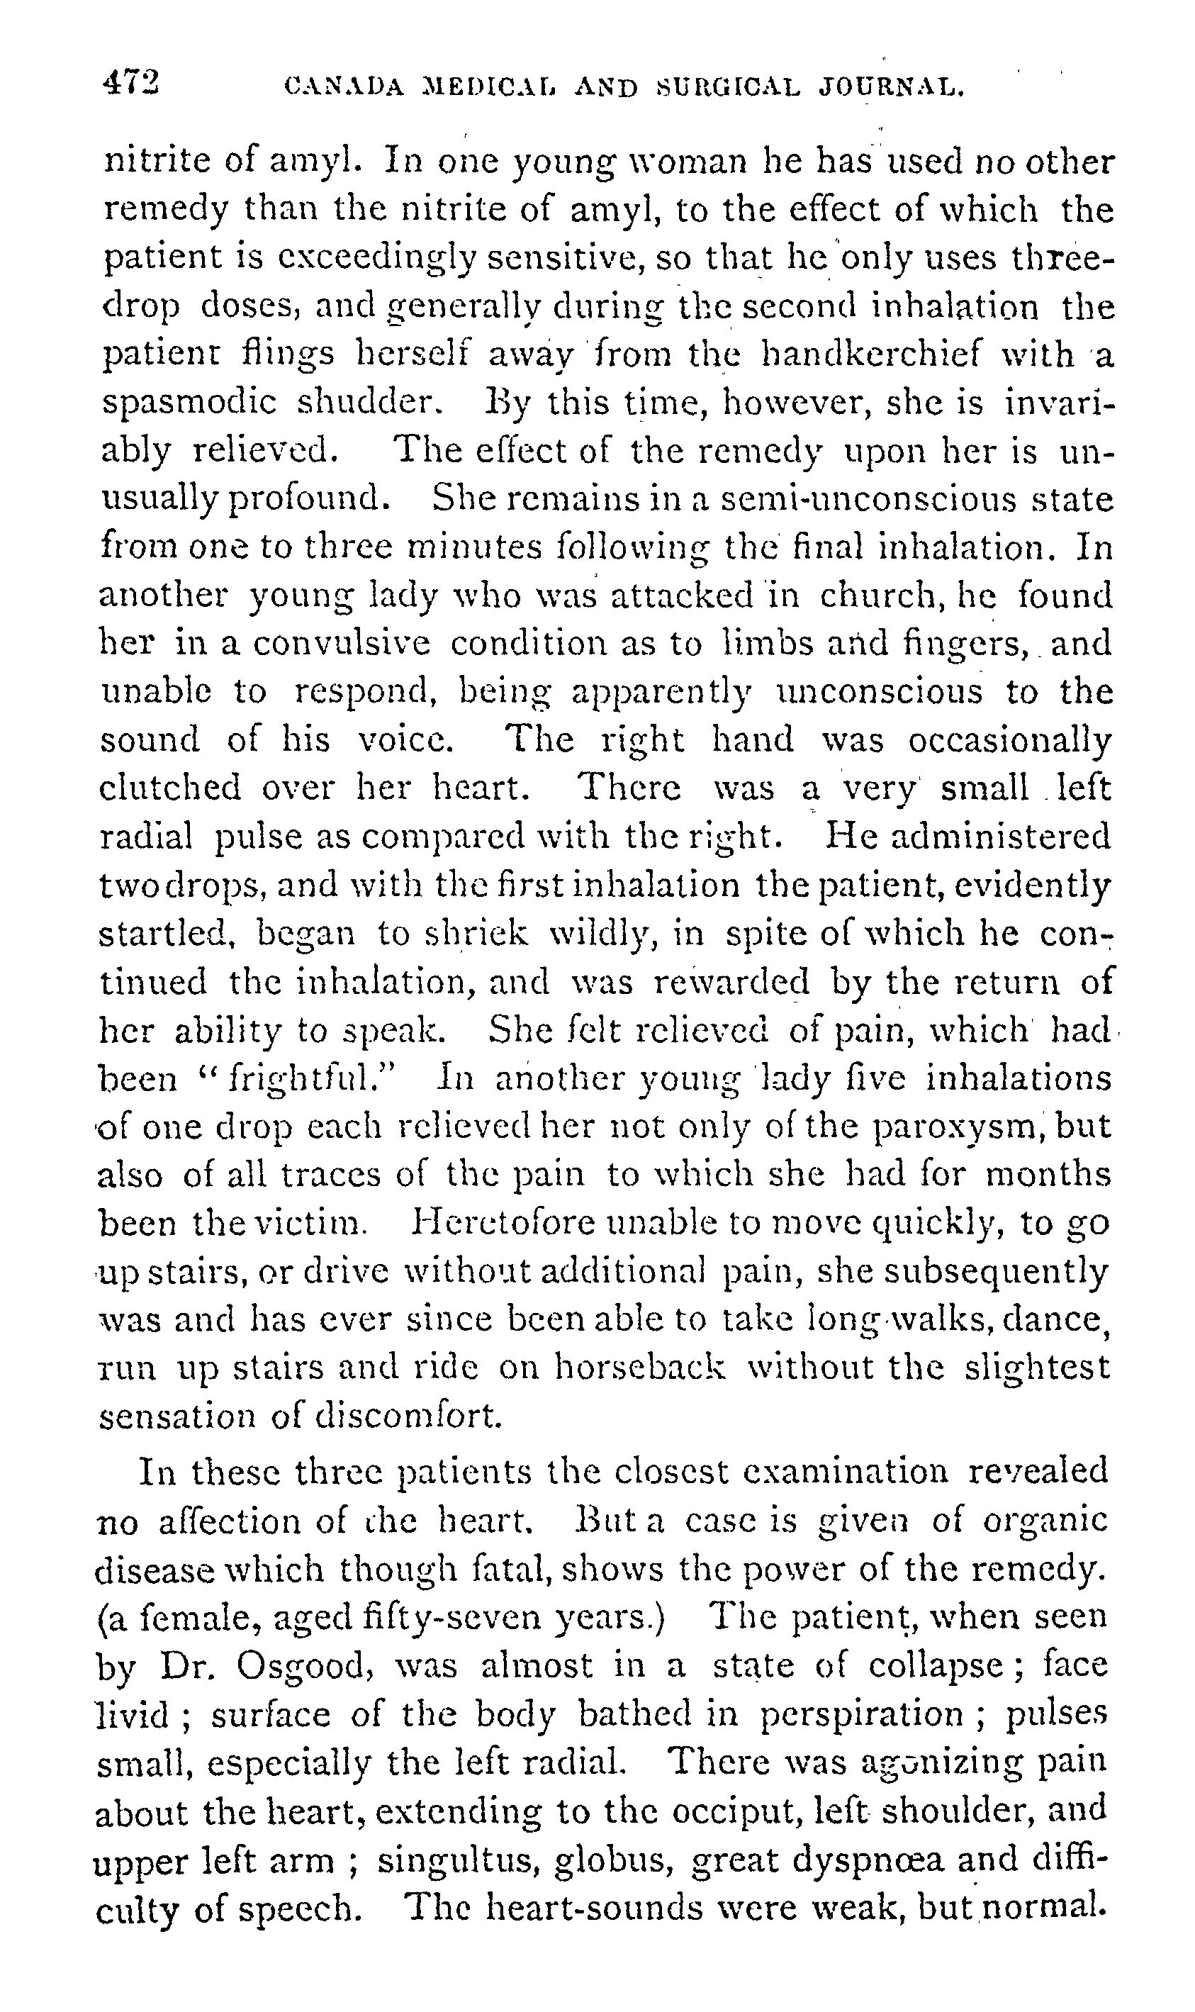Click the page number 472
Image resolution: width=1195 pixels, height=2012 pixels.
[x=131, y=83]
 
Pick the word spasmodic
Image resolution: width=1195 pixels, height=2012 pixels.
[x=189, y=403]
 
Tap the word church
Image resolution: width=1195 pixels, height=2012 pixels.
[x=872, y=596]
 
